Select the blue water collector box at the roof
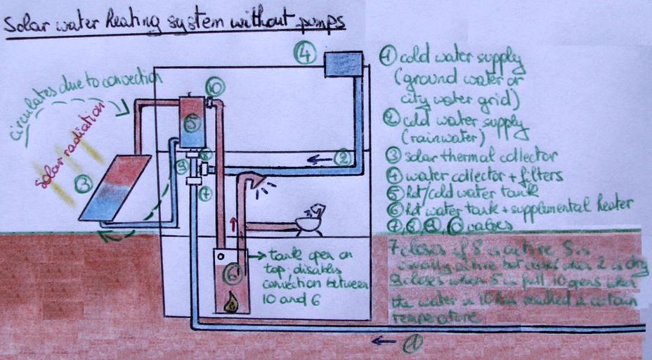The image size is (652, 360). (x=344, y=65)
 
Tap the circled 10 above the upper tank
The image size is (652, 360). (x=215, y=87)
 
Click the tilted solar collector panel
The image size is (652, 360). (x=115, y=186)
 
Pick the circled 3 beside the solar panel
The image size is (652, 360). (x=85, y=185)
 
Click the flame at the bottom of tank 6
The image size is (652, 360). (x=230, y=302)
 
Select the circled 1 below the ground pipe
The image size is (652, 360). (x=412, y=343)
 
